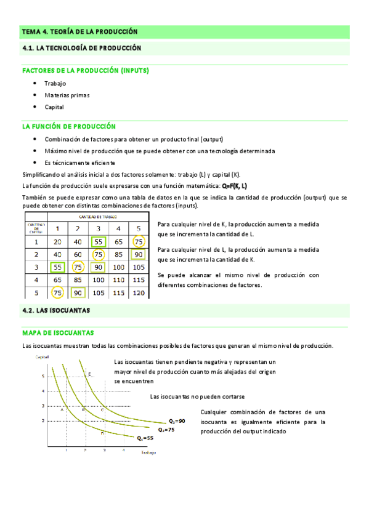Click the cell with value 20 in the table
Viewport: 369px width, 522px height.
click(57, 242)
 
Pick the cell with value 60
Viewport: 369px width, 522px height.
click(78, 254)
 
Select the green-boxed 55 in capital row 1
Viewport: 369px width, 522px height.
click(98, 242)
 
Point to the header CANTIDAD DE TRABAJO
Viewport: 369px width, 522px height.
click(98, 217)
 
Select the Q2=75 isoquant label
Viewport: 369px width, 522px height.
click(166, 429)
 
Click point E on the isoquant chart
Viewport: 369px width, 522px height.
click(89, 374)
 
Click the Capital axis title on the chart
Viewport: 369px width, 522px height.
click(42, 358)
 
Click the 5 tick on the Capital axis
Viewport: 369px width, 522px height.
click(43, 375)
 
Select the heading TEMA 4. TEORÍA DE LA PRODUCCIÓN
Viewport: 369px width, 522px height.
click(79, 31)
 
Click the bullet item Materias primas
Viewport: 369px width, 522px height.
click(67, 95)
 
